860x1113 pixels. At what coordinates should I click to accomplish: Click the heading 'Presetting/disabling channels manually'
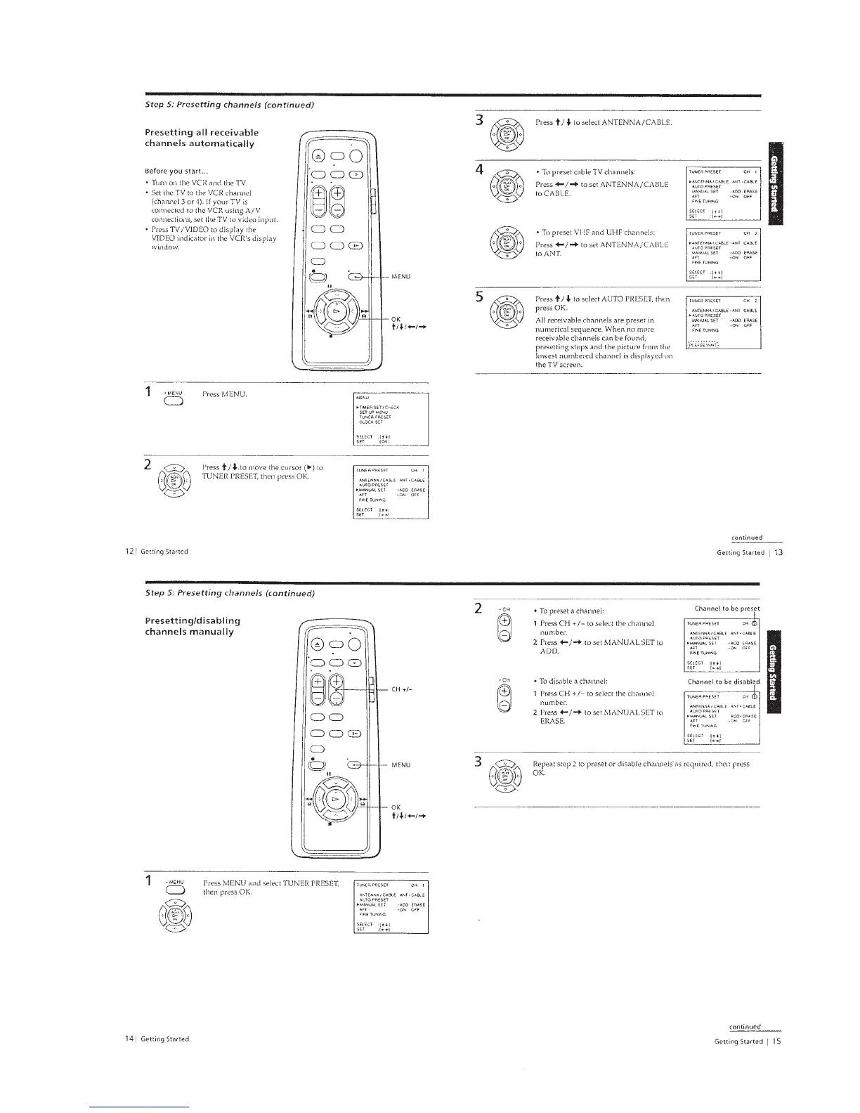(192, 625)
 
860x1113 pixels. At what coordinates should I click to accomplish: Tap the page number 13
(778, 553)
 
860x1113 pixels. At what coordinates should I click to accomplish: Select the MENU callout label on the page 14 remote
(402, 764)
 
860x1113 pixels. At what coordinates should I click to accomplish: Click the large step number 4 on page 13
(478, 171)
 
